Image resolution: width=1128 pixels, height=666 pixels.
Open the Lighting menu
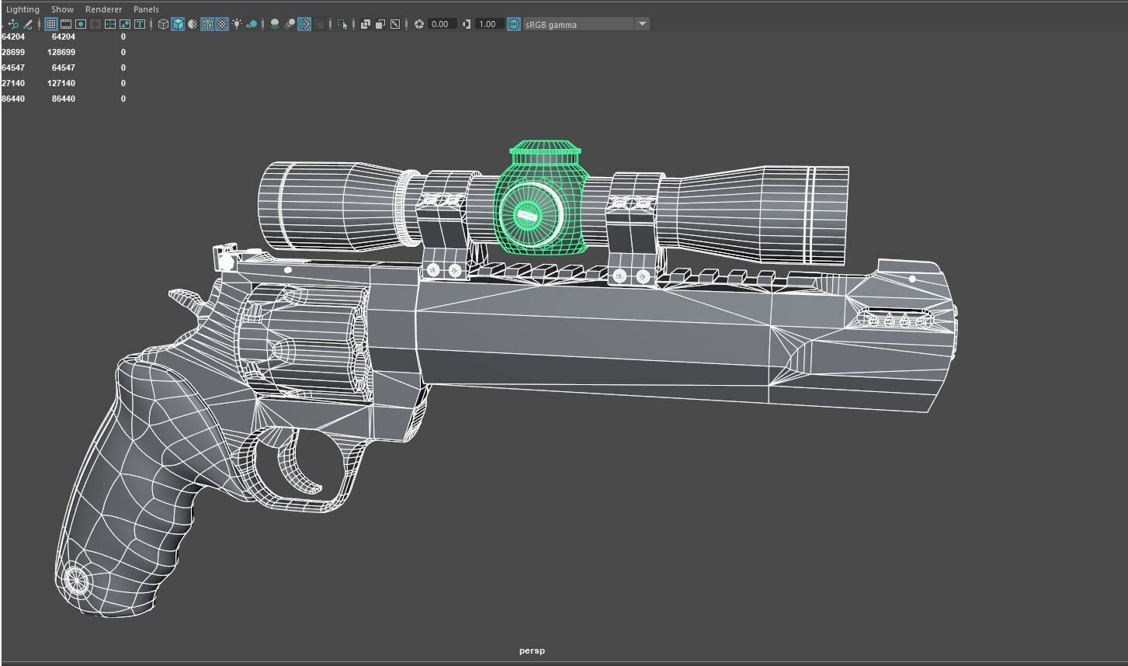point(23,9)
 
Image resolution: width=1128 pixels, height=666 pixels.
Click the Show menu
point(62,9)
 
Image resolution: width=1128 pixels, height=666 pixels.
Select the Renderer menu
point(103,9)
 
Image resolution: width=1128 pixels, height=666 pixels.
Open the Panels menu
point(146,9)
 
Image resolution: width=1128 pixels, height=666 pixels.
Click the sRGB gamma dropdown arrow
point(642,24)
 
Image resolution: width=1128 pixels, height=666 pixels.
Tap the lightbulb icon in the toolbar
point(237,24)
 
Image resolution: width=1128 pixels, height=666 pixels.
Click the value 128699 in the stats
point(61,52)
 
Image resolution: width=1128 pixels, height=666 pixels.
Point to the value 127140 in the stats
point(61,83)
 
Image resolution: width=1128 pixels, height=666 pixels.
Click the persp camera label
point(532,650)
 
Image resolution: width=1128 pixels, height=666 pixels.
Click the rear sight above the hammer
point(225,257)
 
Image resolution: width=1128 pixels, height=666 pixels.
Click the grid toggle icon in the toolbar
point(50,24)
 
